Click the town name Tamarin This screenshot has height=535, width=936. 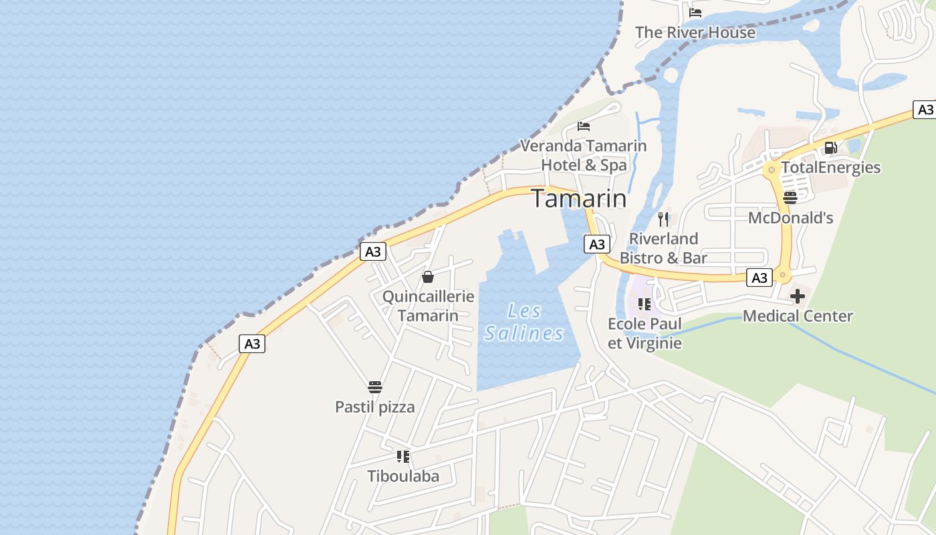(579, 199)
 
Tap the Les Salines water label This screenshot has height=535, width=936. (524, 322)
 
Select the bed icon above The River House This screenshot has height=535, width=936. (695, 12)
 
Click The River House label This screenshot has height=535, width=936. (695, 32)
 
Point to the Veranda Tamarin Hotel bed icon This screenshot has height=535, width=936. (584, 126)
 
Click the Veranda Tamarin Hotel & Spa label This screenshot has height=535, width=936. (584, 155)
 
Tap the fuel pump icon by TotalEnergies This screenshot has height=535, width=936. (830, 147)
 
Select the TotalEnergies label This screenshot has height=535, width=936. (831, 167)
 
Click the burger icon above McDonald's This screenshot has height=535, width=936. (790, 197)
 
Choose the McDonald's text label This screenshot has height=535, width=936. (790, 217)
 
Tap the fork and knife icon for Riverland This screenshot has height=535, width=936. (663, 219)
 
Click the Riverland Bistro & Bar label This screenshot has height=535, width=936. (663, 248)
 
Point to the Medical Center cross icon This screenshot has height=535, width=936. (798, 296)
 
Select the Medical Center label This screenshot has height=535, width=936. (798, 316)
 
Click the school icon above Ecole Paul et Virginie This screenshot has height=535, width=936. (645, 304)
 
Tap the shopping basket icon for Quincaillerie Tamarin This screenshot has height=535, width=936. (428, 277)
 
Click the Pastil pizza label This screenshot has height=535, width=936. (375, 407)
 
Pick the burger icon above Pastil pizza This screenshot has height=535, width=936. (375, 387)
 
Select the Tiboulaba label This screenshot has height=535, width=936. (403, 476)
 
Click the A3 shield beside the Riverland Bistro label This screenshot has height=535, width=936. (597, 244)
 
